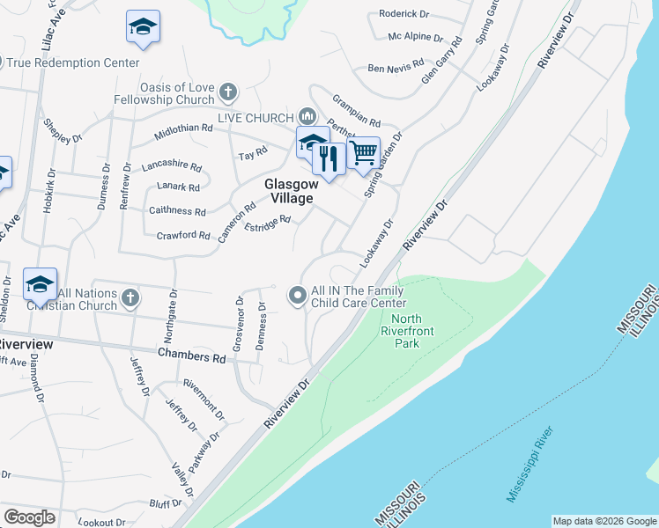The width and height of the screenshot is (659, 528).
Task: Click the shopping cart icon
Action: (363, 153)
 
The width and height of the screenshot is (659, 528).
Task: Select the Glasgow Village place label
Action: (290, 191)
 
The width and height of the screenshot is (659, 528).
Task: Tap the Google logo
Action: (29, 517)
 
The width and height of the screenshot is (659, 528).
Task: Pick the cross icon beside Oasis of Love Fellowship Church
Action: (228, 92)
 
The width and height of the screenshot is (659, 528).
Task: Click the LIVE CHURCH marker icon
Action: (307, 115)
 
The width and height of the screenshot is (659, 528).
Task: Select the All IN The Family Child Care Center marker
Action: (298, 297)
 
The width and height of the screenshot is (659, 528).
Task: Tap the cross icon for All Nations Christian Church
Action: (130, 297)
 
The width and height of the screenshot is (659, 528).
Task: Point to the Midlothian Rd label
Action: (183, 128)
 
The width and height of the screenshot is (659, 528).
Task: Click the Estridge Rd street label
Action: (267, 227)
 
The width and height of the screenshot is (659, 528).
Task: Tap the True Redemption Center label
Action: (74, 62)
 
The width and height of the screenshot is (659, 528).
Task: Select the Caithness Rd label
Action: (177, 211)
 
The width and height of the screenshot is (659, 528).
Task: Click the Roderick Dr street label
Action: (404, 13)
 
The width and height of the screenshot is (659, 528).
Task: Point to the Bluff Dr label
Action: (166, 503)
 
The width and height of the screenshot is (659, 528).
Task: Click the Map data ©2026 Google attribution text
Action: (603, 521)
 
